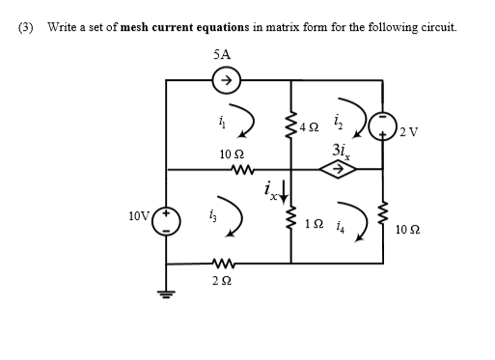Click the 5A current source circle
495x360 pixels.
pos(228,81)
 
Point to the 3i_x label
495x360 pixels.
pos(339,151)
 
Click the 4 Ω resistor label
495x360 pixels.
pos(309,126)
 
